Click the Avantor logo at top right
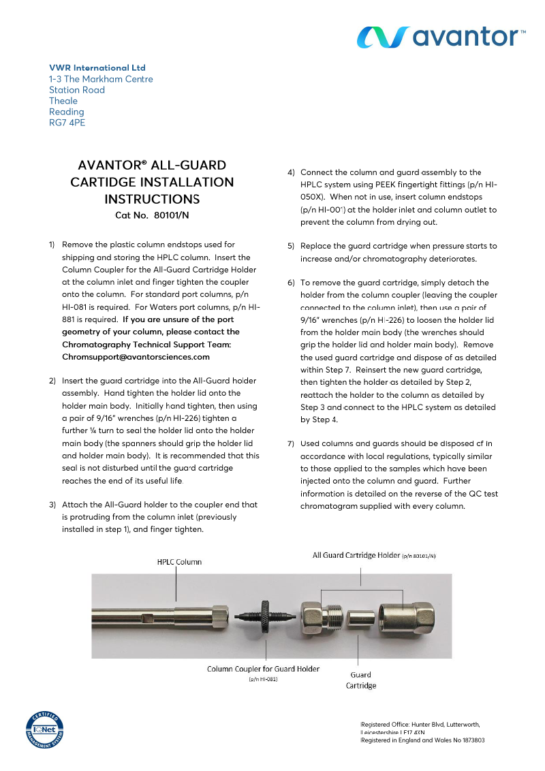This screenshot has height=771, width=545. pos(442,36)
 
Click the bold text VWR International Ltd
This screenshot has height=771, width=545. pos(97,68)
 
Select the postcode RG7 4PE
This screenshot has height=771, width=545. pos(67,123)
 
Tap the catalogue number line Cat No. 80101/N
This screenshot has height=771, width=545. pos(152,215)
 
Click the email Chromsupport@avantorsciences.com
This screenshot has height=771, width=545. pos(136,356)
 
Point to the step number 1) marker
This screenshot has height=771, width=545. pos(52,245)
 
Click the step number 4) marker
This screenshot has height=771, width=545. pos(290,173)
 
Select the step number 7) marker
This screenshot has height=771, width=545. pos(290,444)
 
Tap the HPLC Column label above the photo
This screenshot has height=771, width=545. pos(179,562)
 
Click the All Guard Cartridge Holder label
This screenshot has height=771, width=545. pos(373,555)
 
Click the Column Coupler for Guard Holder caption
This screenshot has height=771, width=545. pos(263,669)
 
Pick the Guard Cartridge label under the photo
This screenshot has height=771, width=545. pos(360,680)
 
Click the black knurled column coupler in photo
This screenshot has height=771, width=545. pos(263,617)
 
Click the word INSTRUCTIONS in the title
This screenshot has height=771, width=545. pos(152,200)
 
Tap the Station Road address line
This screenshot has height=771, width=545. pos(77,90)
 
